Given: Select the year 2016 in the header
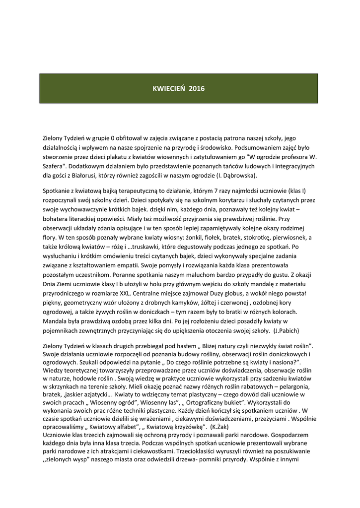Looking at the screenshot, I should coord(197,89).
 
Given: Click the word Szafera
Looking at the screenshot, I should coord(55,166).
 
